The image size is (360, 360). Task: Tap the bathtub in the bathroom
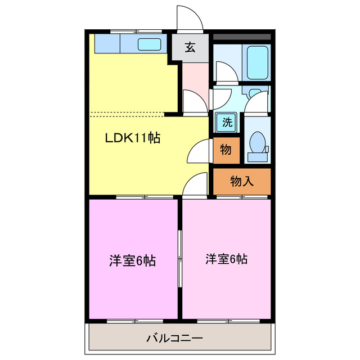(x=258, y=62)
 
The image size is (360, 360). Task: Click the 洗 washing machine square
(x=227, y=121)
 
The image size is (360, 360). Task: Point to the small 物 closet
(x=226, y=150)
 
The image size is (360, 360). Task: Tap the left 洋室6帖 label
(x=132, y=261)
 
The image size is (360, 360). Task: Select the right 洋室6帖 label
(x=226, y=259)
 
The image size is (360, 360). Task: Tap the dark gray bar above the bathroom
(x=242, y=37)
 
